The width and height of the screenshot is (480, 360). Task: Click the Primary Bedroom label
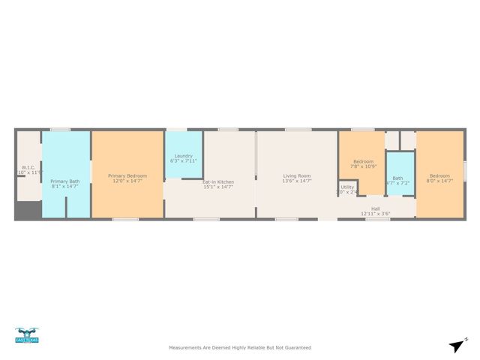coord(127,175)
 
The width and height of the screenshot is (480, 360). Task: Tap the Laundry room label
coord(184,156)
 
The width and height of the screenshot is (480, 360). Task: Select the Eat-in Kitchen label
coord(218,181)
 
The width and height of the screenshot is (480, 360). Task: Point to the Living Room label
coord(297,175)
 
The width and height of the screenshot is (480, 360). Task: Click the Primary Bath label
coord(64,181)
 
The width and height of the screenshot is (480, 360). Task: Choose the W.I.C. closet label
coord(29,167)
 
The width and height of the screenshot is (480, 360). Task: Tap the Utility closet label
coord(346,187)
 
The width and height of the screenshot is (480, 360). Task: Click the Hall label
coord(375,208)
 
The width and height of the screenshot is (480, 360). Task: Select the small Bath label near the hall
coord(397,178)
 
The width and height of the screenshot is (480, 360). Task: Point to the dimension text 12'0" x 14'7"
coord(127,181)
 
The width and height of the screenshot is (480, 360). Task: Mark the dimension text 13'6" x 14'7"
coord(297,181)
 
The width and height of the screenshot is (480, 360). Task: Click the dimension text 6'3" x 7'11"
coord(184,161)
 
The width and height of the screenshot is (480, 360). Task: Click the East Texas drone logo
coord(27,335)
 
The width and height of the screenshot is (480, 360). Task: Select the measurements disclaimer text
coord(240,347)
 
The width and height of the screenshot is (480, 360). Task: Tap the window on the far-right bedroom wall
coord(465,171)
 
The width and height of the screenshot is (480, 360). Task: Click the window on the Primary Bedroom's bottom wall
coord(125,219)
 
